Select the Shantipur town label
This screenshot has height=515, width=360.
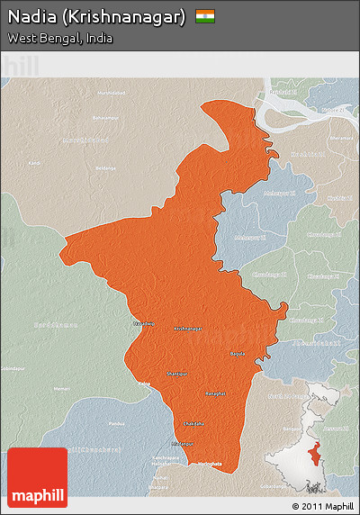point(178,373)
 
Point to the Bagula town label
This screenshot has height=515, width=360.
point(237,354)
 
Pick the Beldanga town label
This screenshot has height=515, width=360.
point(106,167)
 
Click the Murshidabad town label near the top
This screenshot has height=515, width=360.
point(112,93)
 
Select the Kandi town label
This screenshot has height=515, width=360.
point(34,163)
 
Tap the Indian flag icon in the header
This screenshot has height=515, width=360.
point(205,16)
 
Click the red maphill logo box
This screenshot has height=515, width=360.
point(37,477)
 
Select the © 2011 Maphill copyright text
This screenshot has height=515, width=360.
point(323,507)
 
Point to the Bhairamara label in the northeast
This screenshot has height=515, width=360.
point(341,138)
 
